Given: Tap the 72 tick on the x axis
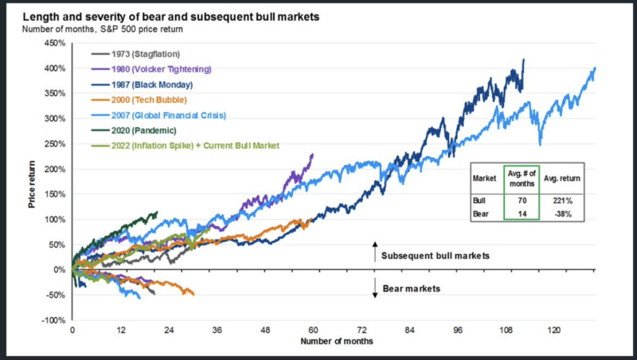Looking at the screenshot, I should (x=361, y=330).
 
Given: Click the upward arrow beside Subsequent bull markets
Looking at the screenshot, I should (x=374, y=252).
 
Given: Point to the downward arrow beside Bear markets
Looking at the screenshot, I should (x=374, y=288).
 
